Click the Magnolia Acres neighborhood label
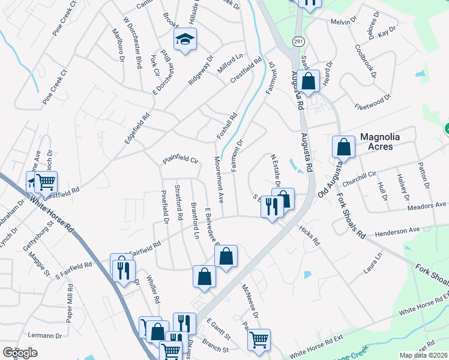point(385,142)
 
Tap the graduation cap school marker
point(185,40)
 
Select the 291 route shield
point(298,41)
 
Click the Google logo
point(20,353)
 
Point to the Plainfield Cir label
point(179,161)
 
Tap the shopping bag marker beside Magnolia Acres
point(343,146)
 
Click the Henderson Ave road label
point(397,230)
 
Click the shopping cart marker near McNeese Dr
point(259,340)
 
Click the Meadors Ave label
point(427,205)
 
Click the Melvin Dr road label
point(344,22)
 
